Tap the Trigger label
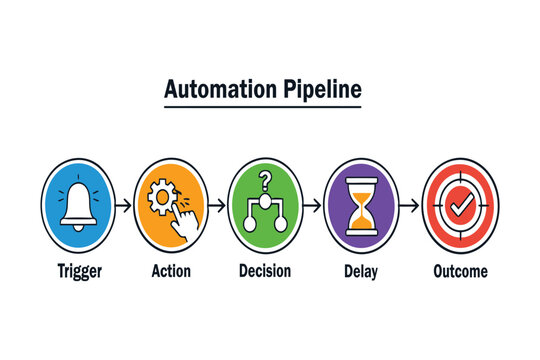point(80,270)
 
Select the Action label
point(171,270)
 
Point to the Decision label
point(265,270)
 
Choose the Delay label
point(360,270)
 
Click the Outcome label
point(460,270)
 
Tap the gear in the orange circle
point(161,196)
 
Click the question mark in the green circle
point(265,181)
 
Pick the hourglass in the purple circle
point(361,206)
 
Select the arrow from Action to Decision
point(218,207)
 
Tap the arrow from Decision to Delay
point(313,207)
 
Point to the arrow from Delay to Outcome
point(408,207)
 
